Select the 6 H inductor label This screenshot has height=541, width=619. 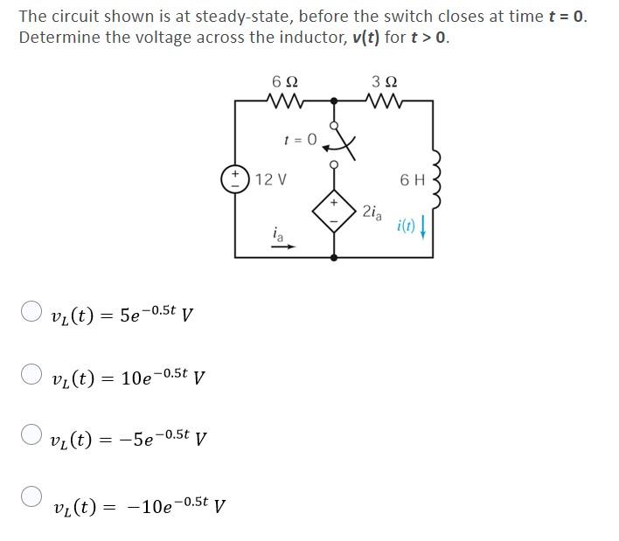[x=412, y=179]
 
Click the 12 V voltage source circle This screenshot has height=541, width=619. [x=234, y=179]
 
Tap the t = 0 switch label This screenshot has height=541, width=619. [x=298, y=138]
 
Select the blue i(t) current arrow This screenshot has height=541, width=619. [x=423, y=226]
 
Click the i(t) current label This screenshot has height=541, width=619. [x=406, y=226]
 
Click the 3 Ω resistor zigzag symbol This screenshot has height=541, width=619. [x=383, y=102]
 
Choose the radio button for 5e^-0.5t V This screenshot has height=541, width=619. [x=31, y=311]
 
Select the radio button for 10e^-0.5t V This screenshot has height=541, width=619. [x=31, y=374]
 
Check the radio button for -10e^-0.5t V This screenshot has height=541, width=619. [x=31, y=496]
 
